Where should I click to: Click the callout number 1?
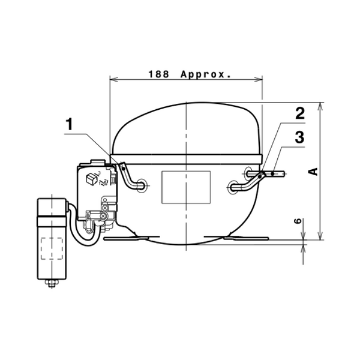pos(69,124)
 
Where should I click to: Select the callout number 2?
pos(300,113)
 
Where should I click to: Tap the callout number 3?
pos(299,137)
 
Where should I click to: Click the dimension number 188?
pos(158,74)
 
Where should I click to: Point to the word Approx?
pos(206,74)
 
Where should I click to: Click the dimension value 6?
pos(298,221)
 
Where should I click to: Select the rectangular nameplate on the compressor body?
pos(186,187)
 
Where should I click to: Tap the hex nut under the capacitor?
pos(52,283)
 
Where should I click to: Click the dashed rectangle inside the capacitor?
pos(52,248)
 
